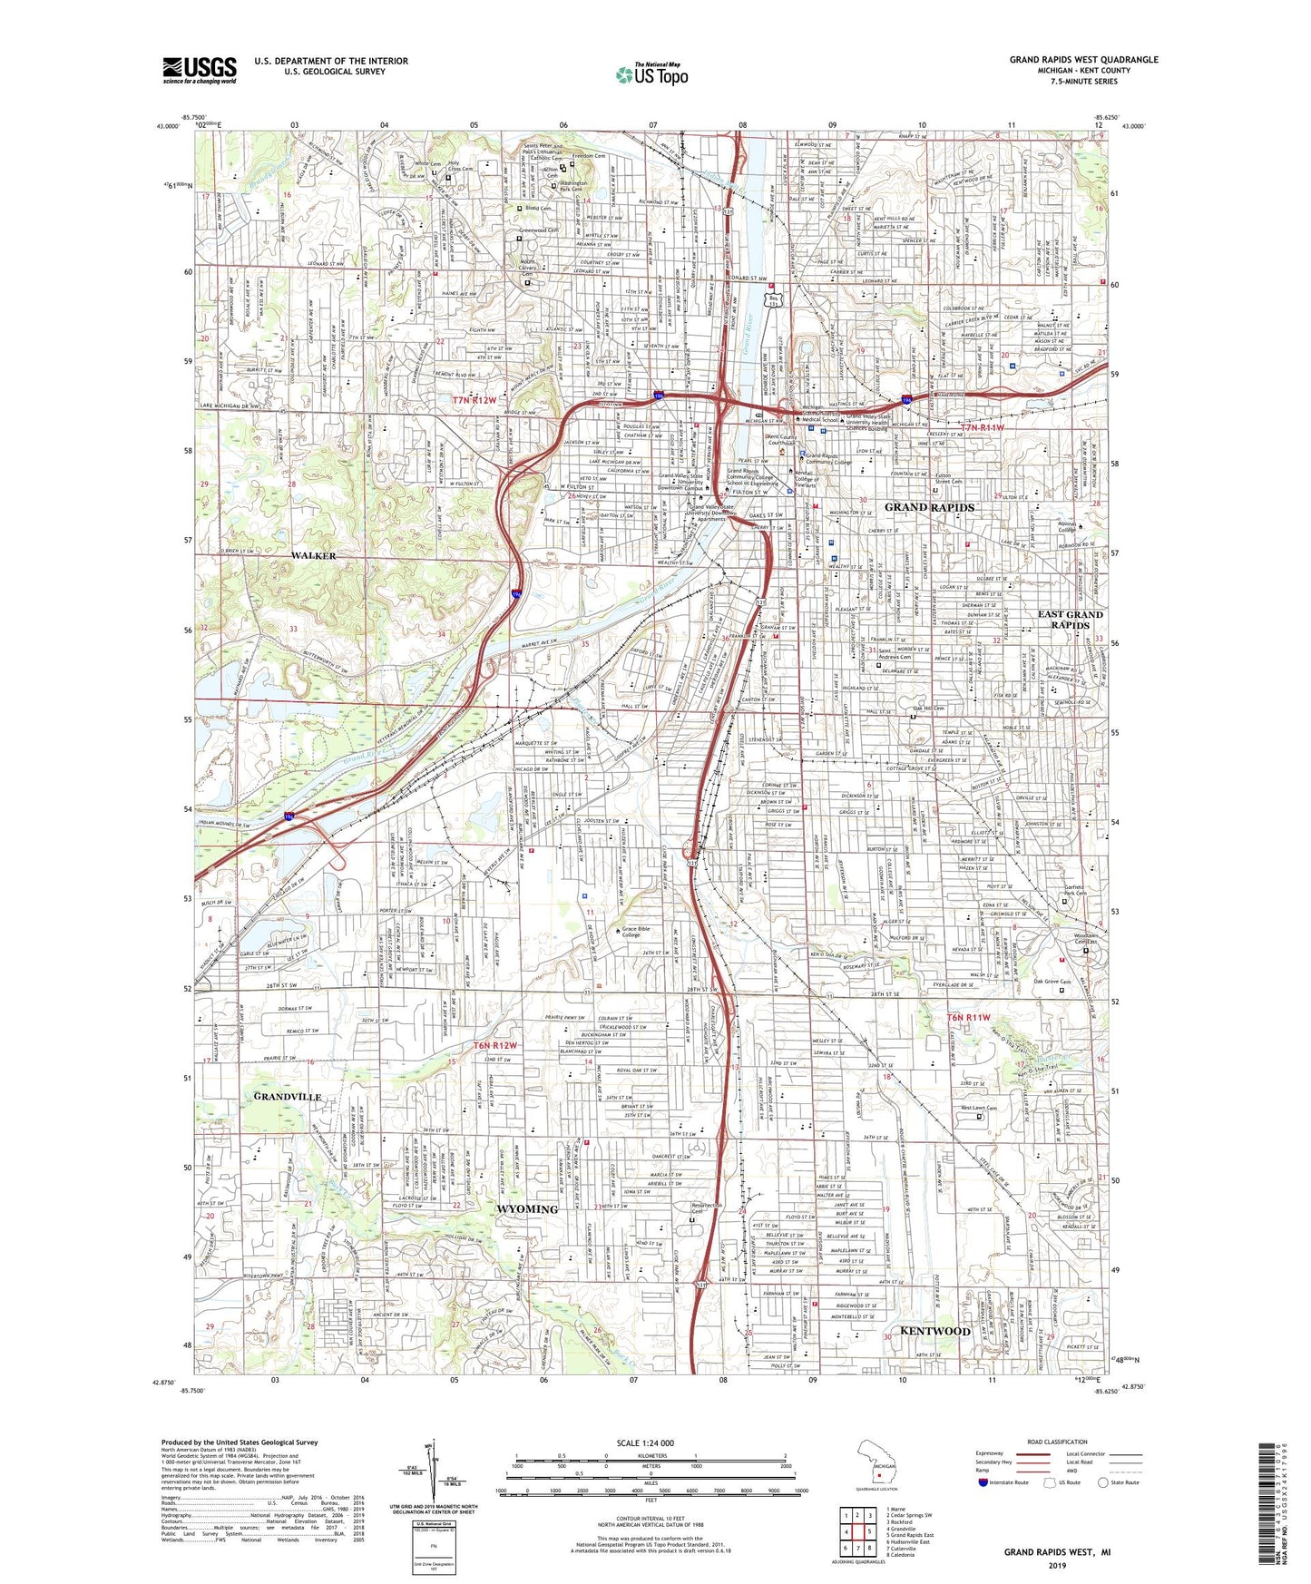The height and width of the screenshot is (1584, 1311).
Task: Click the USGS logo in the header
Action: click(x=200, y=70)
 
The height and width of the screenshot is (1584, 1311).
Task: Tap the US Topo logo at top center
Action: click(x=651, y=74)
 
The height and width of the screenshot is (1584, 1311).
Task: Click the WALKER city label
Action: click(x=314, y=555)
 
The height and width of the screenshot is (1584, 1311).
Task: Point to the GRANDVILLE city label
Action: click(x=288, y=1097)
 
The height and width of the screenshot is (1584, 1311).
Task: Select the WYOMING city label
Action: click(x=527, y=1209)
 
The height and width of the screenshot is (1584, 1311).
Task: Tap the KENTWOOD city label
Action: click(x=934, y=1331)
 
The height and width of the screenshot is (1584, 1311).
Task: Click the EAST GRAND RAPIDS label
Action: click(x=1070, y=620)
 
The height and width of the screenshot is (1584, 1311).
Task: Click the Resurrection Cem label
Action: click(x=706, y=1208)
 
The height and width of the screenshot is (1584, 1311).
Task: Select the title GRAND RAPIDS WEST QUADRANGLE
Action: click(x=1083, y=60)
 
